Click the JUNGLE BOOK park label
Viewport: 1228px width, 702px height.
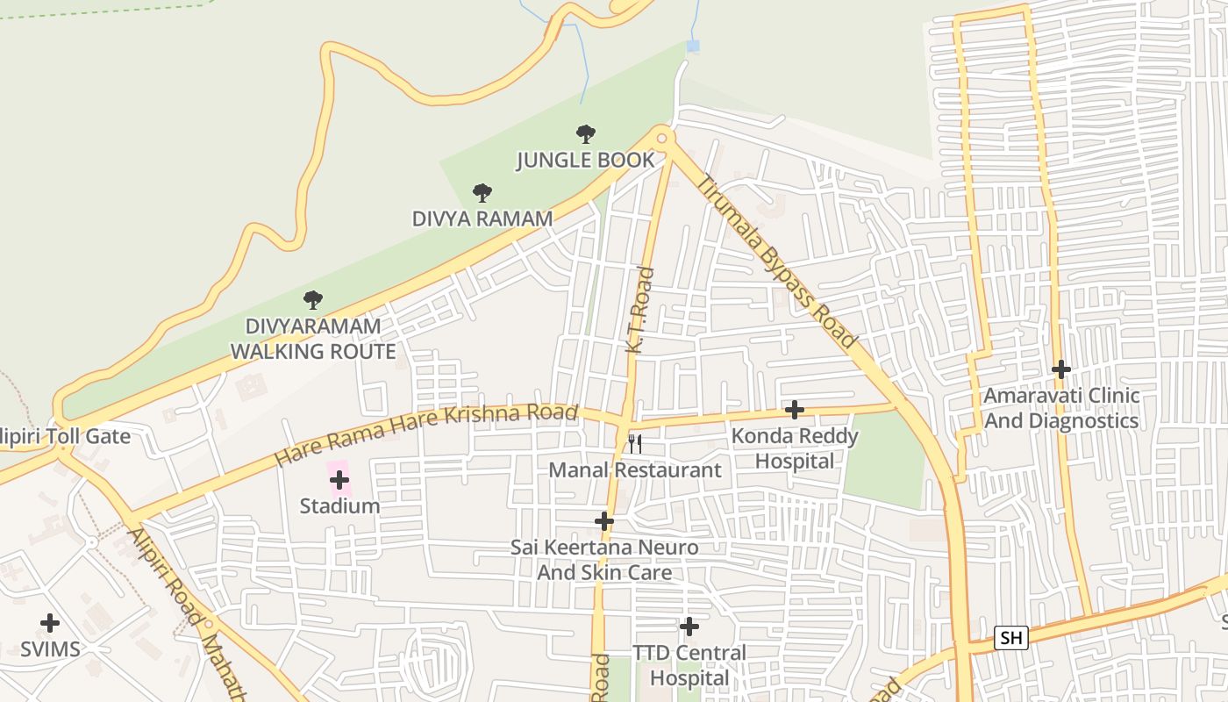(585, 160)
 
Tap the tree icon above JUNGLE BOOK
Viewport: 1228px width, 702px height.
(586, 134)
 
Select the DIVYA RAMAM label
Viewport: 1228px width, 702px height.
(482, 218)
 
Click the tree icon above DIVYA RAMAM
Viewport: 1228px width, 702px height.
(482, 193)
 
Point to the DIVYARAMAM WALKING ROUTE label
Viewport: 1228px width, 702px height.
(313, 339)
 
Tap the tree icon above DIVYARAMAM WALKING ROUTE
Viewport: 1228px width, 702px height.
(313, 301)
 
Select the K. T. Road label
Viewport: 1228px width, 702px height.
(639, 311)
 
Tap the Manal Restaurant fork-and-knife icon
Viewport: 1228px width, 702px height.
(635, 443)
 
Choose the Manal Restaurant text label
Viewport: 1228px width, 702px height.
(635, 470)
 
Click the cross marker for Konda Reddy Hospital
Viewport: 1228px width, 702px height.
(795, 410)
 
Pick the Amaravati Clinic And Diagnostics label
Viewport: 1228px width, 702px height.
(1061, 408)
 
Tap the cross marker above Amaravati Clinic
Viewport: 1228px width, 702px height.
(1061, 369)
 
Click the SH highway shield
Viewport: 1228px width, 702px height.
(1010, 638)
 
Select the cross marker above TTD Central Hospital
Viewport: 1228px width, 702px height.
(689, 627)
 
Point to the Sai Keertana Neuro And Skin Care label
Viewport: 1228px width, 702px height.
(604, 560)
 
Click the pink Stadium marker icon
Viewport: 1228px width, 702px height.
(339, 480)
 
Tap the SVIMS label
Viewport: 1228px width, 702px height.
(51, 649)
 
